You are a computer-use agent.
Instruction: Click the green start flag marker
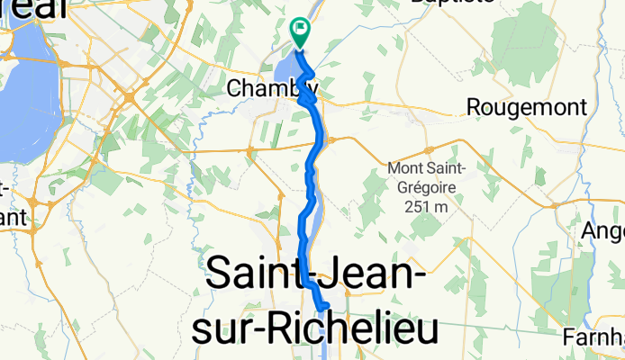[299, 31]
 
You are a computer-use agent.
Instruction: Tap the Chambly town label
[272, 88]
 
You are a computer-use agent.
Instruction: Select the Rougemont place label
[527, 107]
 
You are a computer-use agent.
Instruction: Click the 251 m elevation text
[425, 207]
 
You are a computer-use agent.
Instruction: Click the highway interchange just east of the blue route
[331, 140]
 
